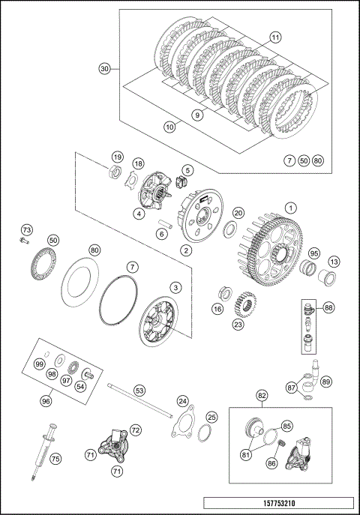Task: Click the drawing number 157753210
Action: [x=279, y=503]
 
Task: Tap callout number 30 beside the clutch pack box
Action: [x=104, y=69]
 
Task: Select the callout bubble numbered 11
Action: [x=275, y=37]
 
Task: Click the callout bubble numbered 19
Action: [x=117, y=157]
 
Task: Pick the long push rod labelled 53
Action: [x=140, y=401]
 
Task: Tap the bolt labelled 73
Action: [x=24, y=241]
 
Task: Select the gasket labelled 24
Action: [x=183, y=422]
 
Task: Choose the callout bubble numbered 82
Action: [x=262, y=396]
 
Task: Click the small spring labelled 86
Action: [x=281, y=445]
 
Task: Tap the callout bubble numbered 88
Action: [x=328, y=308]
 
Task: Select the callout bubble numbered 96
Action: [x=46, y=401]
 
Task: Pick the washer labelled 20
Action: [x=229, y=229]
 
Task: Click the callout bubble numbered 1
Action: [x=290, y=208]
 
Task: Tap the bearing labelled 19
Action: [x=115, y=172]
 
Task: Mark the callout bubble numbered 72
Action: [x=135, y=430]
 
